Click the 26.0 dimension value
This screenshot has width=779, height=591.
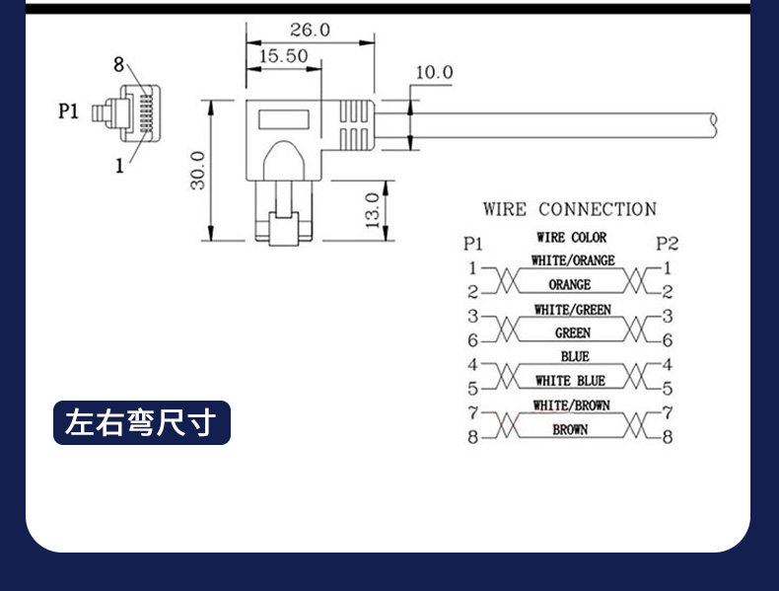[x=310, y=30]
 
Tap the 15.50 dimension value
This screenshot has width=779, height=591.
[x=284, y=55]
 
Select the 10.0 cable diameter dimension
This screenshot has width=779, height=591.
[x=434, y=73]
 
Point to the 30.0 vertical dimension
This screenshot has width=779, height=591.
[x=198, y=171]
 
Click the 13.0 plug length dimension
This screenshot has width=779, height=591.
[x=372, y=210]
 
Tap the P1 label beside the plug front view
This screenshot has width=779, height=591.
[x=69, y=111]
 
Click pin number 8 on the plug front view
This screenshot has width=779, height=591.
[x=118, y=64]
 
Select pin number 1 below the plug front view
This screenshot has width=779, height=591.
[x=119, y=166]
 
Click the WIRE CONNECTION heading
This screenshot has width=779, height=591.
[x=570, y=209]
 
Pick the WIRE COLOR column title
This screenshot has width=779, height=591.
[x=571, y=238]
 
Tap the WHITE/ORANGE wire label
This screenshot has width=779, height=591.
[x=573, y=260]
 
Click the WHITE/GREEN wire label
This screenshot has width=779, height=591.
[x=573, y=310]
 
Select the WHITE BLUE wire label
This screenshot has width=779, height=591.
[x=570, y=381]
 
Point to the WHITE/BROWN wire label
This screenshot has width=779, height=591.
[x=571, y=406]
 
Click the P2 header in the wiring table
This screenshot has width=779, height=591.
[x=667, y=244]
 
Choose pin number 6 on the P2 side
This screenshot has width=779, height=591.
[x=668, y=340]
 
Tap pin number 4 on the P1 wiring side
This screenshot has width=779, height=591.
[x=472, y=364]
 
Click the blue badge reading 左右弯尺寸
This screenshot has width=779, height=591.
[x=142, y=422]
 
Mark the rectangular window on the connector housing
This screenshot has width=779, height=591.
[x=283, y=119]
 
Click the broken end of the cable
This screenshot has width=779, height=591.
[x=714, y=125]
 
